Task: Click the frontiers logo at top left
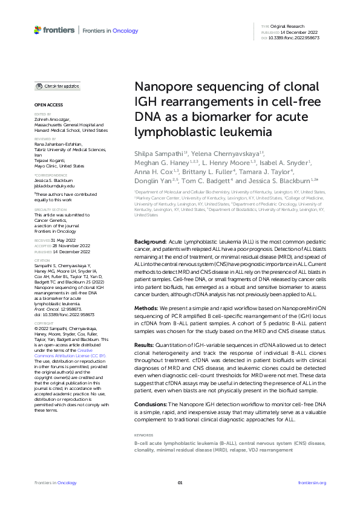pos(54,30)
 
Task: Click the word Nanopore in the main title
pos(159,87)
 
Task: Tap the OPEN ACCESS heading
pos(48,105)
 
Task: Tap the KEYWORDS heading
pos(143,435)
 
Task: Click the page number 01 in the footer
pos(180,483)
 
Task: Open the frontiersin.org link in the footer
pos(312,483)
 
